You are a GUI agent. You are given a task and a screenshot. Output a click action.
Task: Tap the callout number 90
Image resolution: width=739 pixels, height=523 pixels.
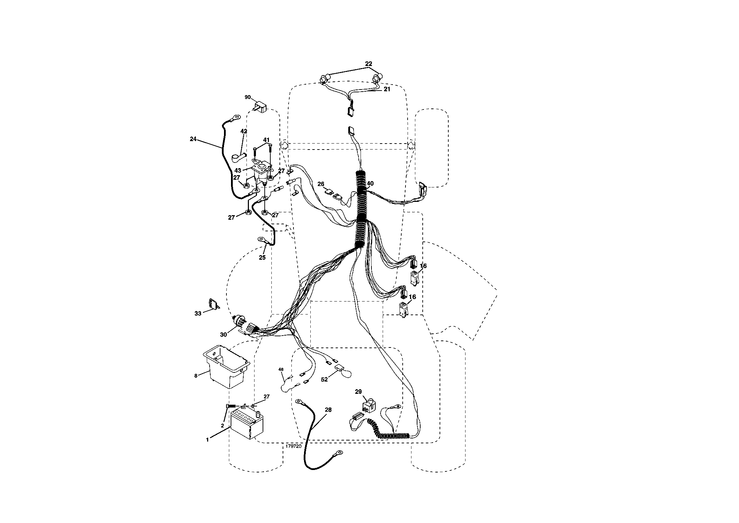pyautogui.click(x=248, y=97)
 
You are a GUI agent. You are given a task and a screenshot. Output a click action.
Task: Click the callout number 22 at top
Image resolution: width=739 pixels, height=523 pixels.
pyautogui.click(x=369, y=64)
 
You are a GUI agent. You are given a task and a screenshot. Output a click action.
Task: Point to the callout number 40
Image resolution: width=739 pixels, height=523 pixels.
pyautogui.click(x=370, y=183)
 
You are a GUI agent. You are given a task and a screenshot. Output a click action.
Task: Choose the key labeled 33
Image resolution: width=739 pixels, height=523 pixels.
pyautogui.click(x=213, y=304)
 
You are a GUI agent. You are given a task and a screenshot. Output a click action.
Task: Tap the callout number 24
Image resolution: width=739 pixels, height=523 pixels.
pyautogui.click(x=193, y=139)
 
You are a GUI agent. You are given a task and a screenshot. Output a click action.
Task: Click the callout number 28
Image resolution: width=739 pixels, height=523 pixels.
pyautogui.click(x=328, y=410)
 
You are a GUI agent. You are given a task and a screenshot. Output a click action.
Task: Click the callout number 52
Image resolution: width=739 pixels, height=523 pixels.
pyautogui.click(x=324, y=379)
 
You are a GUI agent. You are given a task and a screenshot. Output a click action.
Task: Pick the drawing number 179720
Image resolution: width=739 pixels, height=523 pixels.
pyautogui.click(x=293, y=446)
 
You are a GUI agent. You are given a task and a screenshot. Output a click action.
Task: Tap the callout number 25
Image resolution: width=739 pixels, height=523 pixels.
pyautogui.click(x=262, y=257)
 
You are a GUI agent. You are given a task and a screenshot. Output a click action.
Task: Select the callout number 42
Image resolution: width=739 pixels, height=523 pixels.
pyautogui.click(x=244, y=131)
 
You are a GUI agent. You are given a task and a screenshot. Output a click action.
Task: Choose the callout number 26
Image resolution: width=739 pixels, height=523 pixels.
pyautogui.click(x=321, y=184)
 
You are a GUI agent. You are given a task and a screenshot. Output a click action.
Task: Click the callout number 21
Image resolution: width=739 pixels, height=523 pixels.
pyautogui.click(x=387, y=90)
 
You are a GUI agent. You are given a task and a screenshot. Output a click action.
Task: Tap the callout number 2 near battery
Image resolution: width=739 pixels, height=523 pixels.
pyautogui.click(x=222, y=425)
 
